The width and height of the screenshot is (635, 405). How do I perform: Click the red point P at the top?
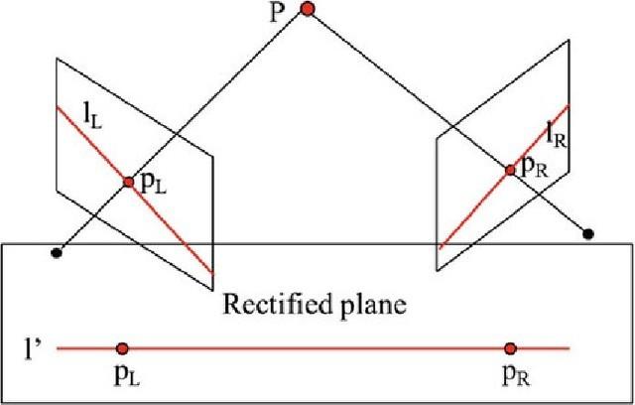click(x=308, y=9)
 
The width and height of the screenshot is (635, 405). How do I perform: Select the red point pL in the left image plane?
click(x=128, y=182)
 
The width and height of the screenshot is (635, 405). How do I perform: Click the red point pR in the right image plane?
click(x=510, y=170)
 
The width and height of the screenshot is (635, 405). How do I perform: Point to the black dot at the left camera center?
click(x=57, y=253)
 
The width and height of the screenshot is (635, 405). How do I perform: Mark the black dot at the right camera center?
click(x=588, y=234)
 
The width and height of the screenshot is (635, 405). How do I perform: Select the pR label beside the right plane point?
click(x=535, y=169)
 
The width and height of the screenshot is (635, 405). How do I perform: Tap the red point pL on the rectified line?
click(x=122, y=348)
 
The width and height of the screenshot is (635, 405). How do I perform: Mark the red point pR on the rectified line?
click(x=510, y=348)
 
